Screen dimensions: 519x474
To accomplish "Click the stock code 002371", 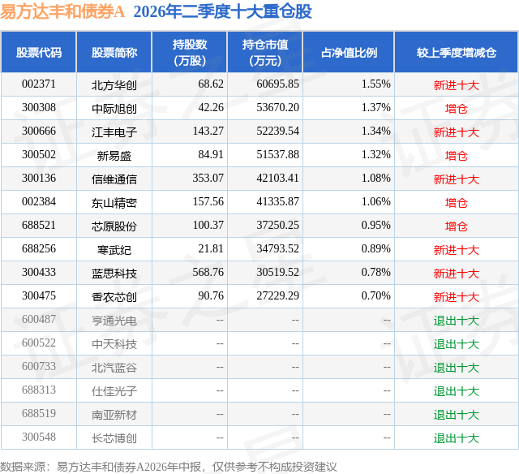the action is pyautogui.click(x=39, y=84).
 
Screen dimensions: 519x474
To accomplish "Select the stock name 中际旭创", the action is pyautogui.click(x=114, y=109).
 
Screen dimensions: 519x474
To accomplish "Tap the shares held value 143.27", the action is pyautogui.click(x=208, y=131).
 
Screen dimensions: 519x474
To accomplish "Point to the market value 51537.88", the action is pyautogui.click(x=277, y=154).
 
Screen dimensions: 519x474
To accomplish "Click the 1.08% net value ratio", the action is pyautogui.click(x=376, y=178).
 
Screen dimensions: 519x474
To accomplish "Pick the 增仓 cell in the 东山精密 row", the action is pyautogui.click(x=456, y=203).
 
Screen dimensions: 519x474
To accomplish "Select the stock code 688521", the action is pyautogui.click(x=39, y=225).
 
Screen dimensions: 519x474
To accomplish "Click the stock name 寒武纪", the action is pyautogui.click(x=114, y=250).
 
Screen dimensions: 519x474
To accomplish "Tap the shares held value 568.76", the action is pyautogui.click(x=208, y=272).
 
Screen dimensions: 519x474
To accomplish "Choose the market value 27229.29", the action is pyautogui.click(x=277, y=295).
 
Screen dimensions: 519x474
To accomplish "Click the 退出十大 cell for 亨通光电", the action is pyautogui.click(x=456, y=321).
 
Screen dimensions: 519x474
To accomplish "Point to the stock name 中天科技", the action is pyautogui.click(x=114, y=344).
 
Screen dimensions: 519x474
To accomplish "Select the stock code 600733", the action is pyautogui.click(x=39, y=366).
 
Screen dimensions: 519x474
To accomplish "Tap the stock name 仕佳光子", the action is pyautogui.click(x=114, y=391).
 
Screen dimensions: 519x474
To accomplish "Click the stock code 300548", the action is pyautogui.click(x=39, y=437).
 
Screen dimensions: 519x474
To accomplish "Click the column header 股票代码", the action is pyautogui.click(x=39, y=52).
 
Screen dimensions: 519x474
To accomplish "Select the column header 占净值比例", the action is pyautogui.click(x=349, y=52).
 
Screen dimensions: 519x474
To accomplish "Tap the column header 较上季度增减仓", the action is pyautogui.click(x=456, y=52).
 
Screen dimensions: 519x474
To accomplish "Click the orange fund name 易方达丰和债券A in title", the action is pyautogui.click(x=62, y=11).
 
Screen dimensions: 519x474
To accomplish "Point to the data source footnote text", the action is pyautogui.click(x=169, y=467).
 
